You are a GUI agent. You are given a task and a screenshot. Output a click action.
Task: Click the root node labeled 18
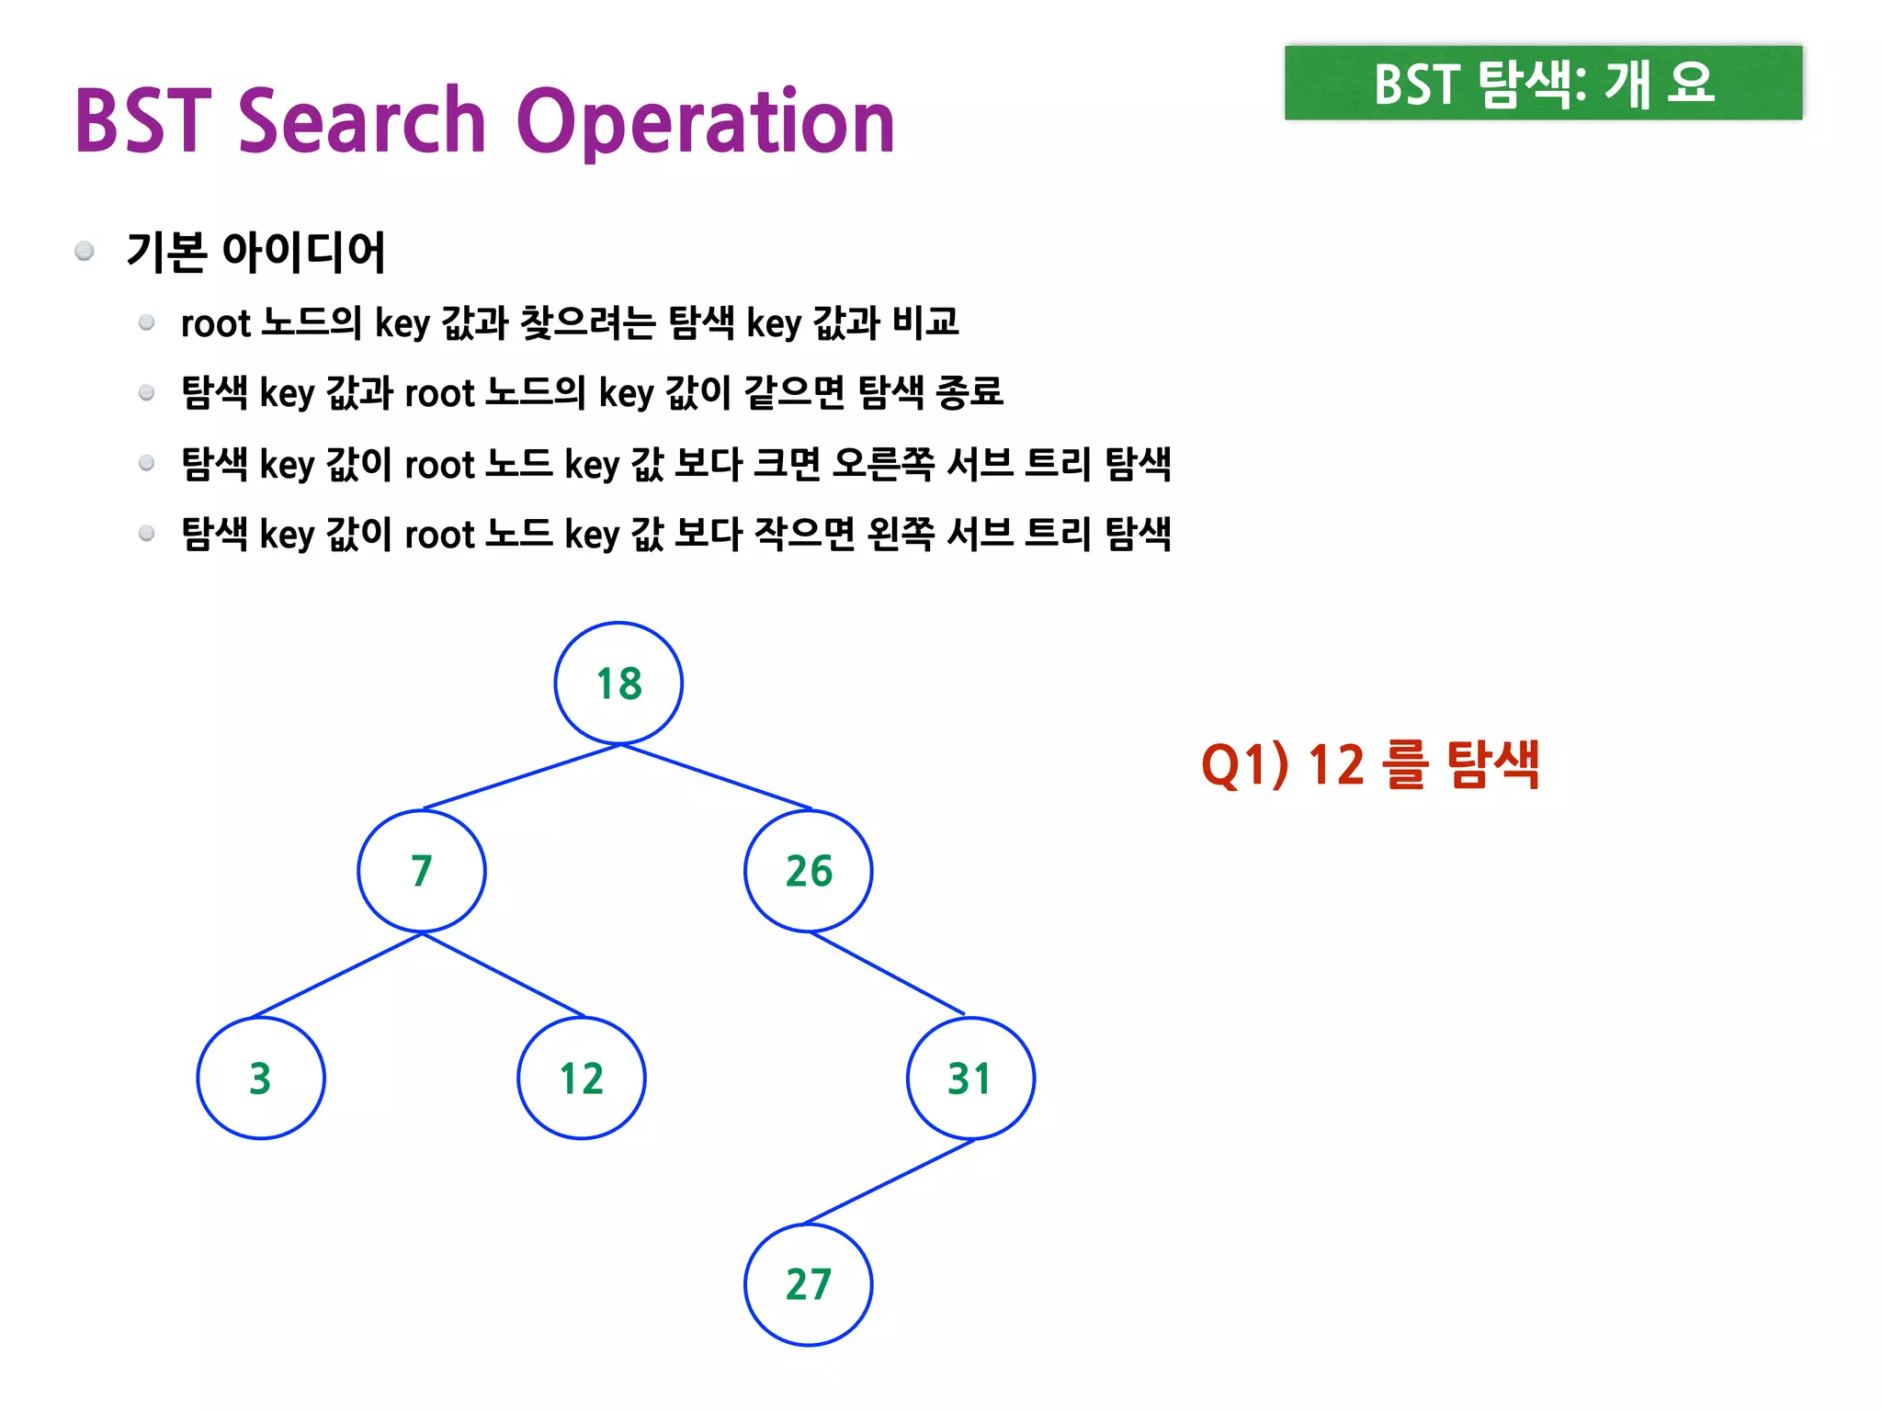(618, 683)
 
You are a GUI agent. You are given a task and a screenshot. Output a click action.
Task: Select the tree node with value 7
(422, 871)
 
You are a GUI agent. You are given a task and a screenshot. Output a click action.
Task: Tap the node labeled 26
(809, 871)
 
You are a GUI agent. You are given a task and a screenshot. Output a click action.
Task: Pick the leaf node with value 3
(261, 1078)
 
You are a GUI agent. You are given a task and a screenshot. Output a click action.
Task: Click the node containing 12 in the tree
(582, 1078)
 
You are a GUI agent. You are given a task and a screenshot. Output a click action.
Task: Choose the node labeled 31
(970, 1078)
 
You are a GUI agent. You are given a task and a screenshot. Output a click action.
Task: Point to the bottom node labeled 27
(809, 1284)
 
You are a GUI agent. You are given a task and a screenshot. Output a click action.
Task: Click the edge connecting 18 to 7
(522, 777)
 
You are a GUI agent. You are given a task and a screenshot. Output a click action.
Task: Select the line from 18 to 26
(717, 777)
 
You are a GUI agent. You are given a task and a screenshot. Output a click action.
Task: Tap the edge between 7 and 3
(336, 975)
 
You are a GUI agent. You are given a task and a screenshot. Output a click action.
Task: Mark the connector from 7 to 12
(504, 975)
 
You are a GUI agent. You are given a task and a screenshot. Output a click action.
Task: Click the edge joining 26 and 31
(888, 973)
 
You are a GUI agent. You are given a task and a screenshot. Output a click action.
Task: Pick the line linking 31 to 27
(890, 1181)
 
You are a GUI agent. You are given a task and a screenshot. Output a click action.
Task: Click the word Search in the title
(362, 121)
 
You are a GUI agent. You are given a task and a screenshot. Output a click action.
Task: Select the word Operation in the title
(706, 123)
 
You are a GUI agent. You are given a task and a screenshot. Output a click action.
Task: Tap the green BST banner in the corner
(1543, 83)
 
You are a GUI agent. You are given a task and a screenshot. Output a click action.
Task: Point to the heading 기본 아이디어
(255, 252)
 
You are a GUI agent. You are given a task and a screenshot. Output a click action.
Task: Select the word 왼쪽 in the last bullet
(901, 534)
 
